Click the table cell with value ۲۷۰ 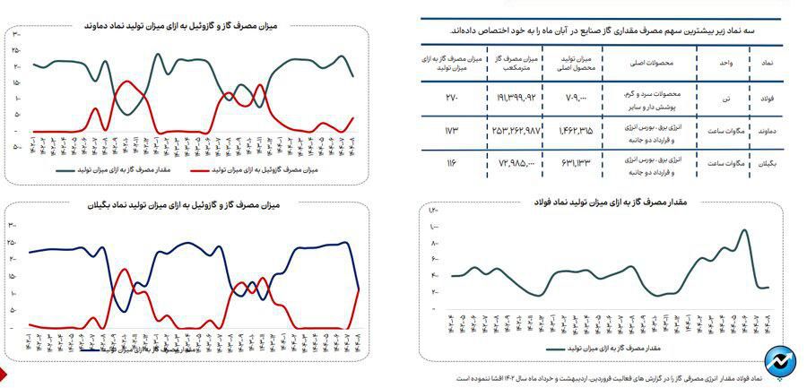tap(451, 97)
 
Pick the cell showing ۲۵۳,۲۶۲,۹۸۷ tap(514, 131)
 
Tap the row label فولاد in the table tap(767, 97)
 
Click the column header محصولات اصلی tap(652, 65)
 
